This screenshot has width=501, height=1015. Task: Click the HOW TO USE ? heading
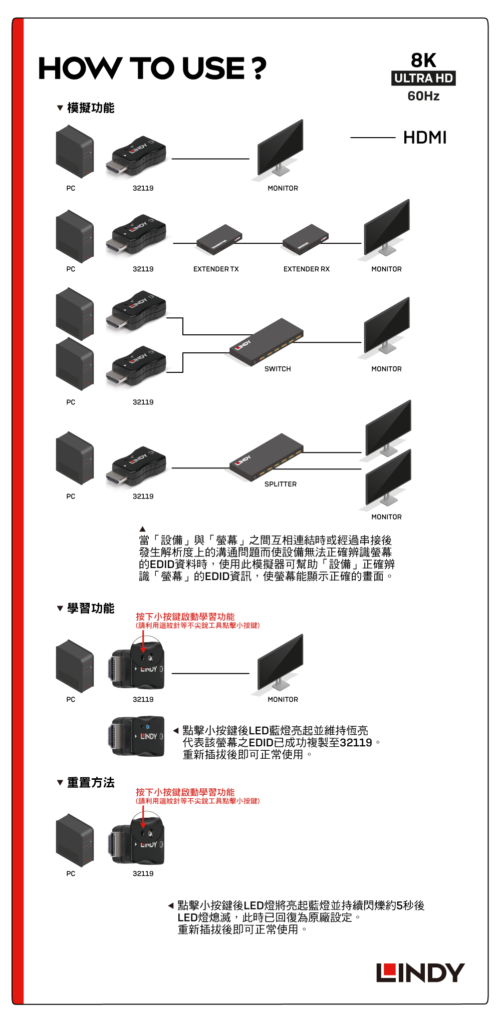(x=152, y=68)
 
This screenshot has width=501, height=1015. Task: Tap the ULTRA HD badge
(x=423, y=78)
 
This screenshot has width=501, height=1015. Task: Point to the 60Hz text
(x=423, y=96)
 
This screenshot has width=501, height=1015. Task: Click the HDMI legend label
(x=425, y=138)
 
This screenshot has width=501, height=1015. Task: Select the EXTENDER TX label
(x=216, y=269)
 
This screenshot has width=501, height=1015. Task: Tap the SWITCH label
(x=278, y=369)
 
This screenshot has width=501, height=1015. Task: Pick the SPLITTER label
(x=281, y=484)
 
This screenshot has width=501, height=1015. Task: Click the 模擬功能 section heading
(x=91, y=108)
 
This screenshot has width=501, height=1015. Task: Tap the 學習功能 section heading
(x=91, y=609)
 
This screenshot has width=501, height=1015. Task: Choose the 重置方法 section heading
(x=91, y=783)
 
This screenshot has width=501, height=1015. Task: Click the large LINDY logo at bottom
(x=420, y=972)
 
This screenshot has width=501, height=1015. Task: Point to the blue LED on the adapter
(x=148, y=726)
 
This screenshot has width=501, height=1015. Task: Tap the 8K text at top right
(x=423, y=60)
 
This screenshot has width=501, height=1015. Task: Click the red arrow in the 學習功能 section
(x=143, y=642)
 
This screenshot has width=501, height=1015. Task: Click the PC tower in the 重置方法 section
(x=75, y=840)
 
